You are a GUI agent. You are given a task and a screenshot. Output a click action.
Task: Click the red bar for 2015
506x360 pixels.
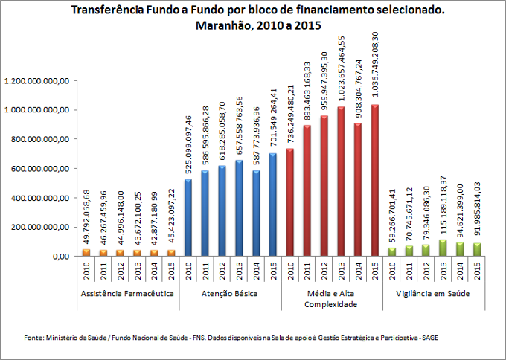pos(375,180)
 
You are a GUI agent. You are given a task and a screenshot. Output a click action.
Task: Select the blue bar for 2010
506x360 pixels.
pos(188,217)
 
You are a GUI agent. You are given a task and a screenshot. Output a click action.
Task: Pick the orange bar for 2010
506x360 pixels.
pos(86,252)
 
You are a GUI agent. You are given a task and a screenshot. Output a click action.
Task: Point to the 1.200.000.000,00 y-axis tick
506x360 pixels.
pos(37,80)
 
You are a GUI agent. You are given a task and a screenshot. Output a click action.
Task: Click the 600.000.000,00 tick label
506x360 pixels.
pos(37,168)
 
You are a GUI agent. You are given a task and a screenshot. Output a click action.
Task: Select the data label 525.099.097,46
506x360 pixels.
pos(188,147)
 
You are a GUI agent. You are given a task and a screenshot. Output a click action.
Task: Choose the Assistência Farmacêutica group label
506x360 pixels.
pos(129,295)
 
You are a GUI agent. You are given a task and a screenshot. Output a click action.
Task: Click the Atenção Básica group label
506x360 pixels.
pos(231,295)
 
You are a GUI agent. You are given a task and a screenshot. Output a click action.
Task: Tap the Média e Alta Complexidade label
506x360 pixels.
pos(332,299)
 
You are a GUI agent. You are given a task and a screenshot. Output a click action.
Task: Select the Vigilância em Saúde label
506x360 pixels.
pos(435,295)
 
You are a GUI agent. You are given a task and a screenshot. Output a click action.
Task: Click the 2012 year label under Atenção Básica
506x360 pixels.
pos(222,274)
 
